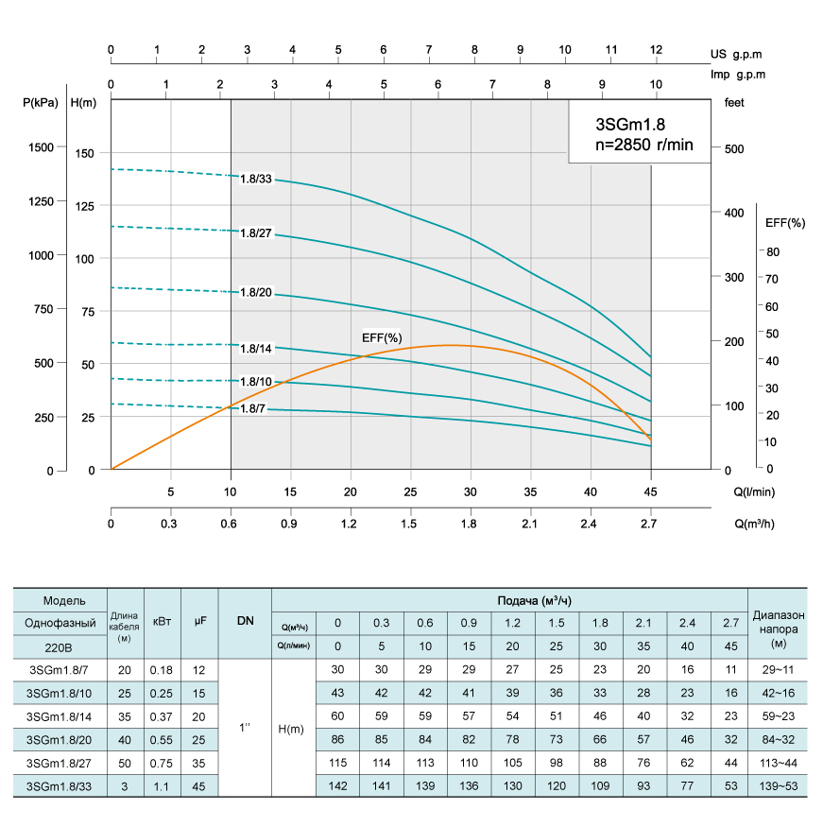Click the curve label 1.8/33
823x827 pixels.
[x=256, y=179]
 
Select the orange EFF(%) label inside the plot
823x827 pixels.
[x=382, y=337]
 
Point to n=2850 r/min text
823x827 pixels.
[x=637, y=145]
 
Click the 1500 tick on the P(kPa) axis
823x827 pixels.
[x=42, y=147]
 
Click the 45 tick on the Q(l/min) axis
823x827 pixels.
[x=650, y=491]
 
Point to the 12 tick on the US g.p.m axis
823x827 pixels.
[x=656, y=49]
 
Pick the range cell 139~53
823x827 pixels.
[x=778, y=785]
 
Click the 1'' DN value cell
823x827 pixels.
[x=245, y=728]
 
